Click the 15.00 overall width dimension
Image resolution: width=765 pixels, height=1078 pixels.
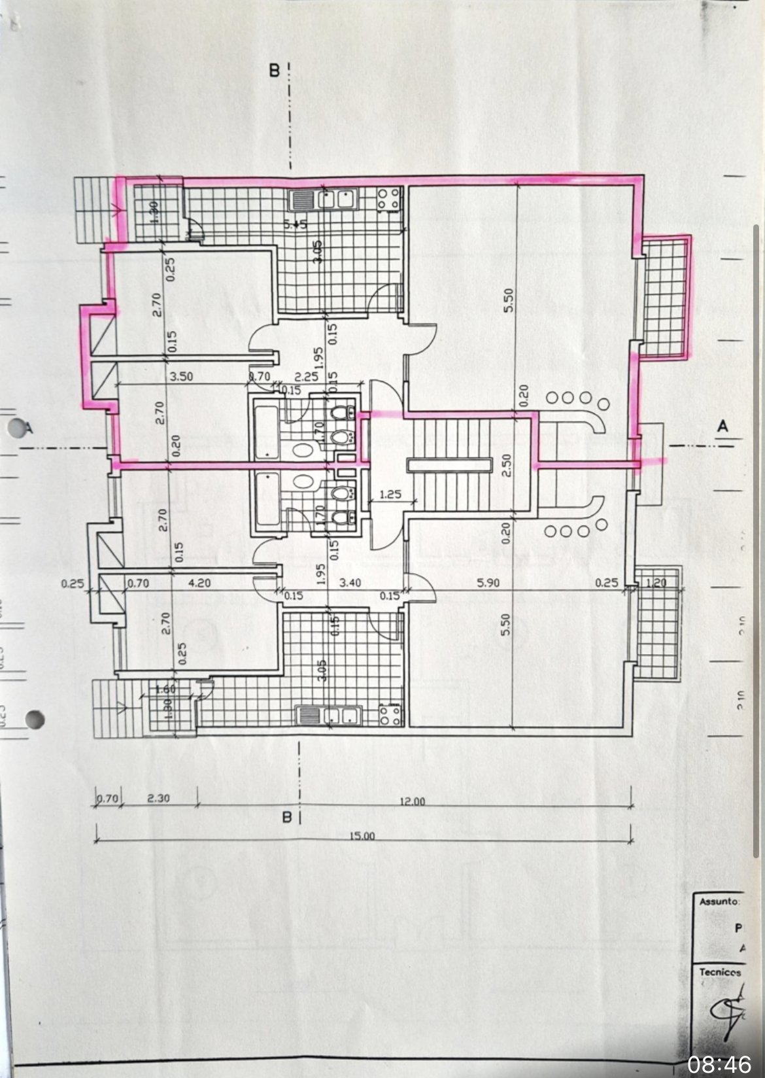tap(362, 836)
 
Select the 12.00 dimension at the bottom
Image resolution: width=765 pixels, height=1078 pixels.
tap(412, 801)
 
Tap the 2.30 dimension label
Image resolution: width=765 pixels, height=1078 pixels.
tap(158, 798)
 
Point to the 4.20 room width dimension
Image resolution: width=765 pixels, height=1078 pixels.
tap(199, 583)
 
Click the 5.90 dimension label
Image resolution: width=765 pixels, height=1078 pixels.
tap(488, 583)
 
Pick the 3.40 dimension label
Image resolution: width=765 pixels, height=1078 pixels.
tap(350, 582)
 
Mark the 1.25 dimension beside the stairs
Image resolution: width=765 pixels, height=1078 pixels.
tap(390, 495)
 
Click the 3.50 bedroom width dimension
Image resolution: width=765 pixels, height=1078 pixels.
tap(181, 377)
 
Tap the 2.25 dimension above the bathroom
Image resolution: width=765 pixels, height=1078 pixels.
tap(306, 377)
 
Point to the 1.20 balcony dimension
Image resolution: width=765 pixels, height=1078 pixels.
tap(655, 583)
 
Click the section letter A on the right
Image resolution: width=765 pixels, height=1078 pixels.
tap(722, 426)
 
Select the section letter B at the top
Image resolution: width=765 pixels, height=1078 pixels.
tap(275, 70)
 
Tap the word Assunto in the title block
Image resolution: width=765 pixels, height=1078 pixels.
tap(719, 901)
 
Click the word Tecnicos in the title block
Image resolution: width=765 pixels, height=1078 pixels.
tap(720, 972)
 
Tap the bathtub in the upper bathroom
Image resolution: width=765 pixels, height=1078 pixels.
tap(266, 432)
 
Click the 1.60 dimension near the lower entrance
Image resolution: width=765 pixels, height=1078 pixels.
tap(165, 689)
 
